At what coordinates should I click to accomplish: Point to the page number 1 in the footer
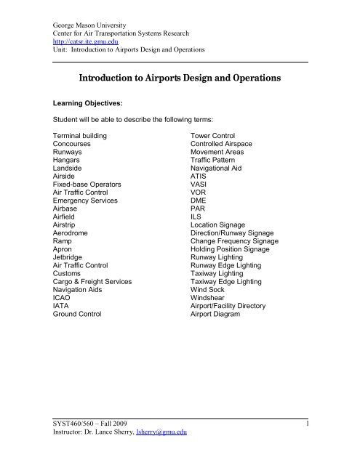click(x=308, y=441)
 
